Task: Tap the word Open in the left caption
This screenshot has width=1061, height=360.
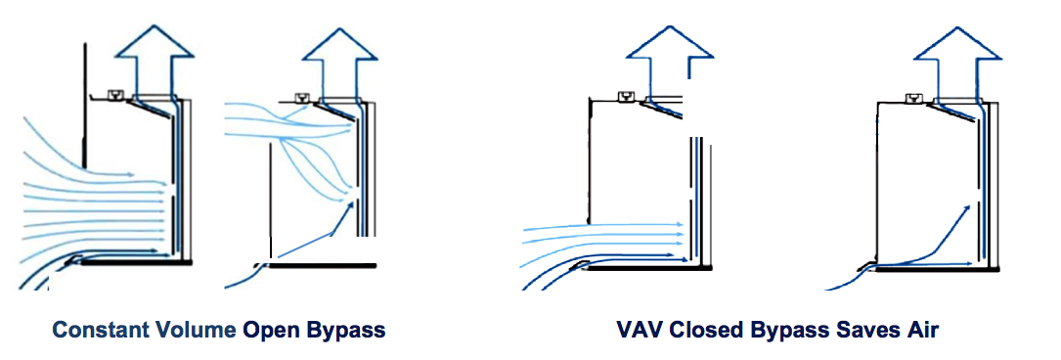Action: (273, 330)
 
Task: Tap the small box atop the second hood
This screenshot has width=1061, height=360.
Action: (299, 96)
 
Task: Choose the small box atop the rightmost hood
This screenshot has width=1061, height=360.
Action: (912, 96)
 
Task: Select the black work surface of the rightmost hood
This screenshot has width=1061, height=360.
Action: (929, 268)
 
